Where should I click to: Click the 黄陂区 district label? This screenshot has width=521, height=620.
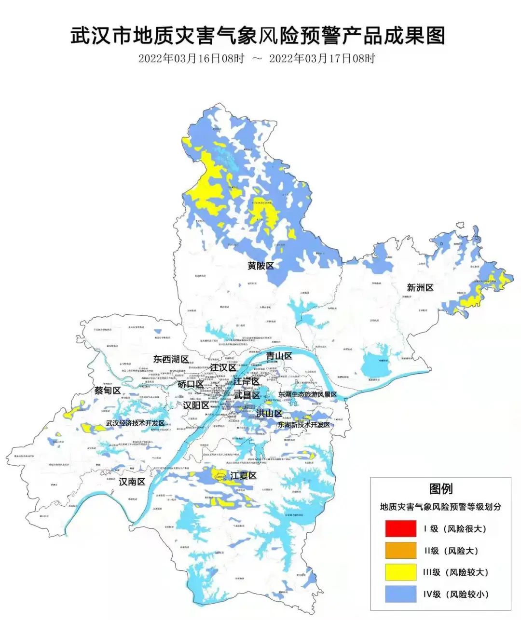click(x=260, y=266)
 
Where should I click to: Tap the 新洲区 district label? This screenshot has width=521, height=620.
click(x=420, y=288)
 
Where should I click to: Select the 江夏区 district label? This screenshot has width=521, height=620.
click(x=243, y=476)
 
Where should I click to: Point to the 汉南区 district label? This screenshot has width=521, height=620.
click(x=132, y=482)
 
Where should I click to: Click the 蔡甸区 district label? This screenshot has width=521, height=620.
click(x=107, y=391)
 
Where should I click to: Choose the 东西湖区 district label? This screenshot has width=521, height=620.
click(x=171, y=359)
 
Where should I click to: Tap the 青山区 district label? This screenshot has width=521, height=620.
click(x=279, y=356)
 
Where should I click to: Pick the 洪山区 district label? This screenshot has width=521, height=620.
click(x=269, y=413)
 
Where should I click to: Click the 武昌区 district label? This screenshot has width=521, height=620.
click(x=247, y=395)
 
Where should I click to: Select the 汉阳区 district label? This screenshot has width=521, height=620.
click(x=196, y=405)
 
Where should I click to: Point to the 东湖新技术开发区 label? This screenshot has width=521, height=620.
click(x=304, y=425)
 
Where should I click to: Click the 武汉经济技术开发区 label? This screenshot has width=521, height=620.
click(x=135, y=423)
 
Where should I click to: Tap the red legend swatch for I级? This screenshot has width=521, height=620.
click(x=400, y=528)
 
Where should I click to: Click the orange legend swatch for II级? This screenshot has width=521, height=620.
click(x=400, y=551)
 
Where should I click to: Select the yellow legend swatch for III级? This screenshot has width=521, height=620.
click(x=400, y=572)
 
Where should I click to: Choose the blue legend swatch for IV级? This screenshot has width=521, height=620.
click(x=400, y=594)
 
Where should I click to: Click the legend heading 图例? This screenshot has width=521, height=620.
click(x=441, y=488)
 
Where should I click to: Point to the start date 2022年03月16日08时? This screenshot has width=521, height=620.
click(x=192, y=59)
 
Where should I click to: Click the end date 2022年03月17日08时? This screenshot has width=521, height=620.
click(x=322, y=59)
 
